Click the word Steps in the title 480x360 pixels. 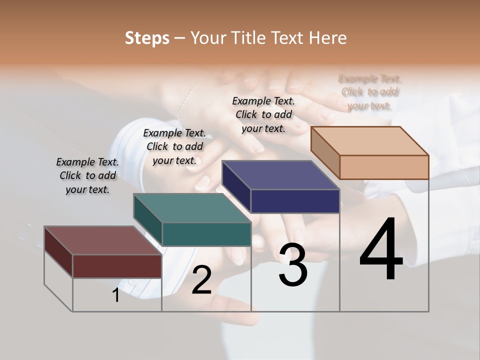(x=146, y=38)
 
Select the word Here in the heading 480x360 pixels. (x=328, y=38)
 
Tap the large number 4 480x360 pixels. (x=381, y=250)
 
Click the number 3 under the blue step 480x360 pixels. (x=293, y=265)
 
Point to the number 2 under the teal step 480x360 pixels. (x=201, y=280)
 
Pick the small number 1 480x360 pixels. (x=116, y=295)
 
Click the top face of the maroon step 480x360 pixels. (x=102, y=240)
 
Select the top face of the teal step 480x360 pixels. (x=192, y=208)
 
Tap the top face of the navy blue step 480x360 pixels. (x=280, y=175)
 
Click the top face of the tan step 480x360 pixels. (x=369, y=141)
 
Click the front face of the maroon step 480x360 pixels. (x=117, y=266)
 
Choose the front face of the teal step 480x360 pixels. (x=206, y=234)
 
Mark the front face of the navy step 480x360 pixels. (x=295, y=201)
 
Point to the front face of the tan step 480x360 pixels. (x=384, y=167)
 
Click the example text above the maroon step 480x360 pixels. (x=87, y=175)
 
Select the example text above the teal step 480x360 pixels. (x=174, y=146)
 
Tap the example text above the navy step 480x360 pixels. (x=263, y=114)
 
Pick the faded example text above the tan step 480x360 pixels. (x=370, y=92)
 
